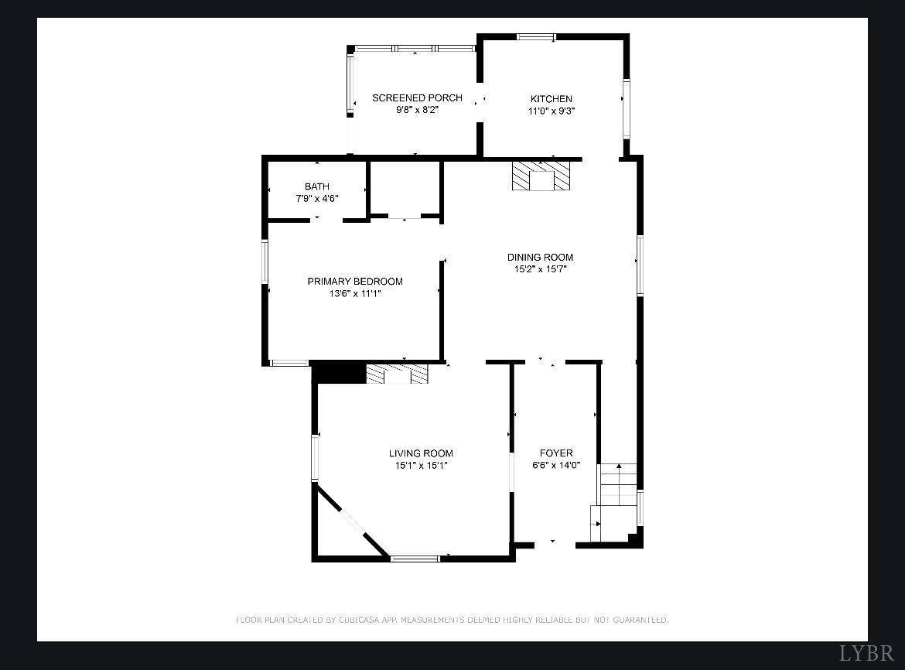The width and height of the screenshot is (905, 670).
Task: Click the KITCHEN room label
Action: click(551, 99)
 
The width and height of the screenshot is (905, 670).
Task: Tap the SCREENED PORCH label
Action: click(417, 97)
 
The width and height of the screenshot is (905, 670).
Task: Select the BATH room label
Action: click(316, 186)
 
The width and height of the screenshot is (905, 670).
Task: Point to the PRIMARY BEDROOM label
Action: click(355, 282)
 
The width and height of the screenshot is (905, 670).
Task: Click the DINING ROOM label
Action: click(540, 258)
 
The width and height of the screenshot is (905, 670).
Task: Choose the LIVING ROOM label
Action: click(421, 453)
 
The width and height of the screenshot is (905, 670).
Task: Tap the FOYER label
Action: click(556, 453)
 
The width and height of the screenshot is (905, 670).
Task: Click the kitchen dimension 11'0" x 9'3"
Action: click(551, 111)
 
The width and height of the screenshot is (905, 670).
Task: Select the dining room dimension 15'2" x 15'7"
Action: click(540, 269)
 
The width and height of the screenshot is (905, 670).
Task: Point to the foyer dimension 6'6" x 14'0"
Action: click(556, 465)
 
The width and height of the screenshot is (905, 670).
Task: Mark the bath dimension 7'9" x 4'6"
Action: click(316, 198)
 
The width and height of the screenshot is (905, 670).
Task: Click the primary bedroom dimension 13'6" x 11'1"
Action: click(355, 293)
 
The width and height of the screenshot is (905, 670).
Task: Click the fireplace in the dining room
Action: click(541, 176)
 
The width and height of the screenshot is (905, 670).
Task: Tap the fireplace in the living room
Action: click(397, 374)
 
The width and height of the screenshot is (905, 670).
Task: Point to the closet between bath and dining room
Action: click(404, 188)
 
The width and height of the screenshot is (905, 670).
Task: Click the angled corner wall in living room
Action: click(352, 521)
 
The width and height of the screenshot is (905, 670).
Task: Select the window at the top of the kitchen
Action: click(536, 36)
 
